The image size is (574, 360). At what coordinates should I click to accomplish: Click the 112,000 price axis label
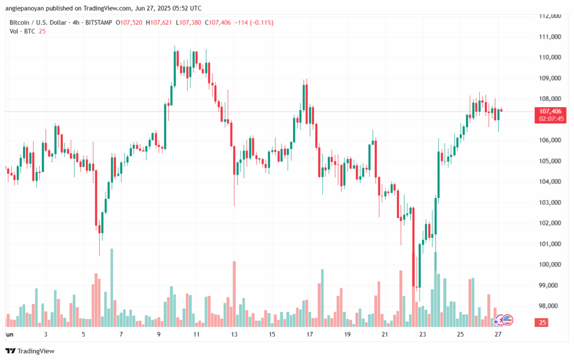coord(550,16)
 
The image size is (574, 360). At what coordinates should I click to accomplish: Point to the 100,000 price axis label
coord(550,265)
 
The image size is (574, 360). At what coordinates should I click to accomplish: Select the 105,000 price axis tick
coord(550,161)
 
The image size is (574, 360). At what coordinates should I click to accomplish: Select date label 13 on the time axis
coord(234,334)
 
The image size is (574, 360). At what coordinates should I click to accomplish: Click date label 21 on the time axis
coord(385,334)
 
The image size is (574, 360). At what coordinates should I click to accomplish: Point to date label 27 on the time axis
coord(498,334)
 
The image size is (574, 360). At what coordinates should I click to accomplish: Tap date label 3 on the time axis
coord(45,334)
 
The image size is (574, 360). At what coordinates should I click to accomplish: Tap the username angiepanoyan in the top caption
coord(24,8)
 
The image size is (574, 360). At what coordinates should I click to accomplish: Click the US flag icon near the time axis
coord(508,320)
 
